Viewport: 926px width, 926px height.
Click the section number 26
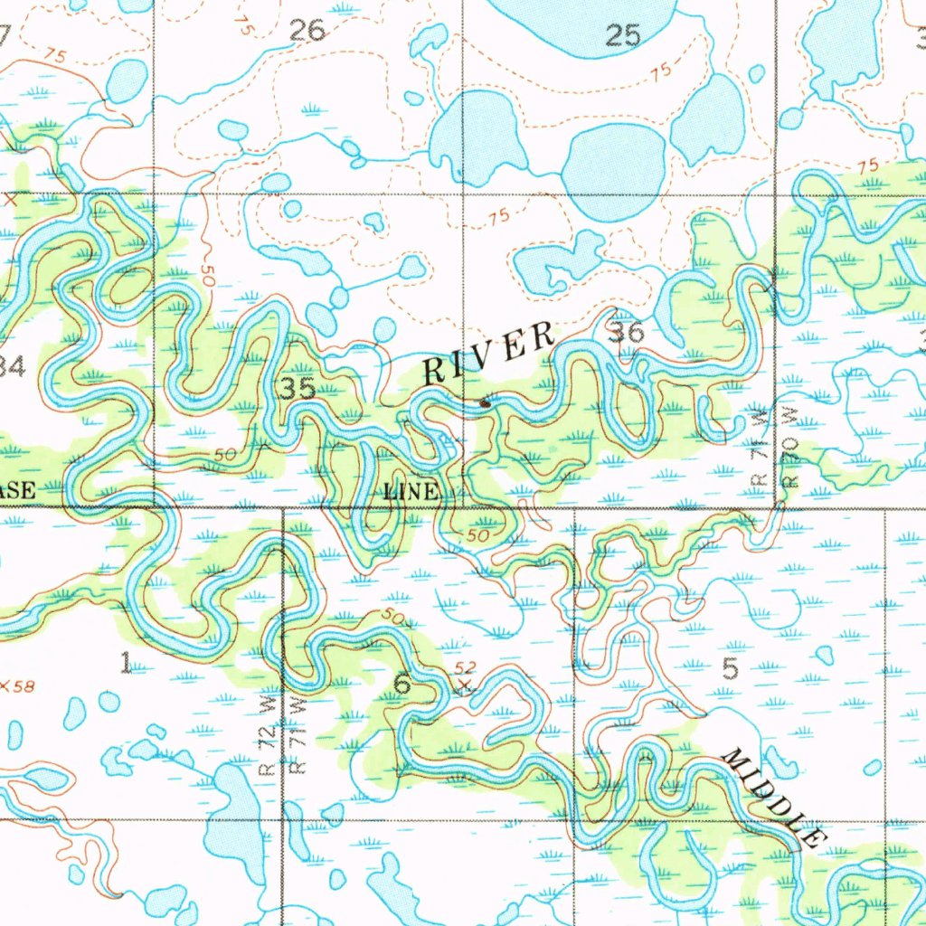click(307, 32)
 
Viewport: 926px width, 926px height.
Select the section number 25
click(623, 36)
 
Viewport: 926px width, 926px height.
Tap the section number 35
click(297, 389)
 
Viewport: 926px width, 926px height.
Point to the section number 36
click(627, 334)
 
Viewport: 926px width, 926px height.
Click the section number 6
click(402, 685)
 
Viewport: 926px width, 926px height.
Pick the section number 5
click(731, 669)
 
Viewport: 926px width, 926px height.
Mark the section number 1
click(126, 664)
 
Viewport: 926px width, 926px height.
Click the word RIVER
click(489, 354)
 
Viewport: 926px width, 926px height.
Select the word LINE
click(411, 493)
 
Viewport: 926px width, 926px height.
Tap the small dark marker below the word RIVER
click(486, 402)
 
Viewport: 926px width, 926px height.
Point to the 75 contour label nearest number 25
click(660, 71)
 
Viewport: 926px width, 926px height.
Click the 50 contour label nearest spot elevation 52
click(392, 617)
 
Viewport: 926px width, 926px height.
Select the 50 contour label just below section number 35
click(225, 454)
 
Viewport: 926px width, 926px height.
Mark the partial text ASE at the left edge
click(17, 491)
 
